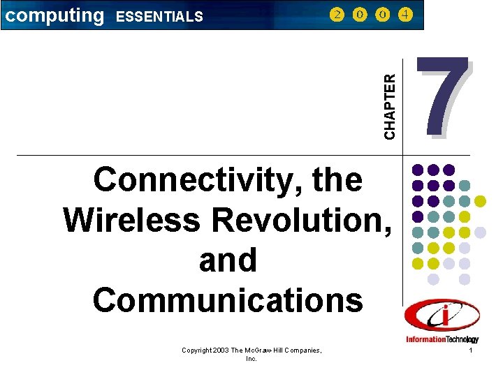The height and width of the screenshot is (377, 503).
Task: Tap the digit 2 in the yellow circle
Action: pyautogui.click(x=337, y=15)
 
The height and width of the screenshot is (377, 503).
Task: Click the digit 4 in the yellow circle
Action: pyautogui.click(x=404, y=15)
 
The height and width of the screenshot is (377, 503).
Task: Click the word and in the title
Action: pyautogui.click(x=228, y=260)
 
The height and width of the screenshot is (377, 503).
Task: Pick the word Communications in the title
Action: pyautogui.click(x=228, y=300)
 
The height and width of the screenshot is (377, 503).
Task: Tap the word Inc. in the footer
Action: pyautogui.click(x=251, y=358)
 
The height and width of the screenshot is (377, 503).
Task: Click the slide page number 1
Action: pyautogui.click(x=472, y=350)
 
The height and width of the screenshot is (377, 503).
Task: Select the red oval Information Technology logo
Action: pyautogui.click(x=442, y=318)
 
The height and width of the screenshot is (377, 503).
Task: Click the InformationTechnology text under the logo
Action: pyautogui.click(x=442, y=339)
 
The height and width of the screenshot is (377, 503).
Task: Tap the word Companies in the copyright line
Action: pyautogui.click(x=302, y=349)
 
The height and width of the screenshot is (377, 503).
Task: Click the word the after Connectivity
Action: pyautogui.click(x=337, y=180)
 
